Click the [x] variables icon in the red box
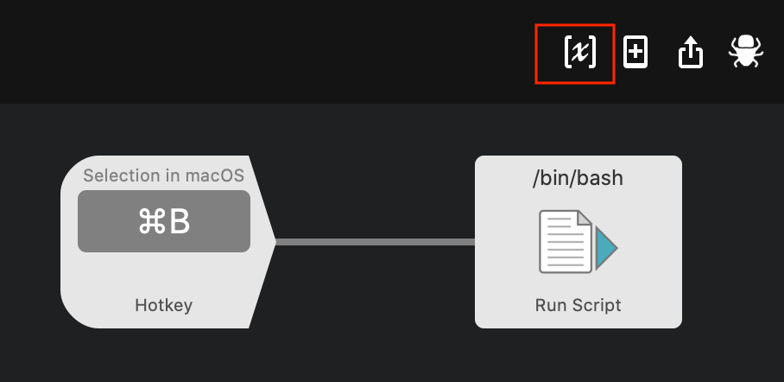(579, 54)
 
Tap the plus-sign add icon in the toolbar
(635, 53)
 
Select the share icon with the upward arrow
(690, 54)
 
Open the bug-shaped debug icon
(745, 53)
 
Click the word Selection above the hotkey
(118, 176)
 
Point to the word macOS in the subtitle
(215, 176)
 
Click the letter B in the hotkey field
(179, 222)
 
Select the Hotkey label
(163, 305)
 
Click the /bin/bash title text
(578, 179)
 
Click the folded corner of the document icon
(584, 220)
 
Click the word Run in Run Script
(550, 305)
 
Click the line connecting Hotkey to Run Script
(375, 242)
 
